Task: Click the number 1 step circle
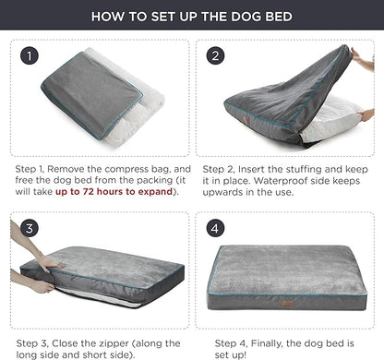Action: (31, 56)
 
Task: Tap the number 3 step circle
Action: (31, 226)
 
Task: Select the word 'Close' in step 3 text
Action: (66, 341)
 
